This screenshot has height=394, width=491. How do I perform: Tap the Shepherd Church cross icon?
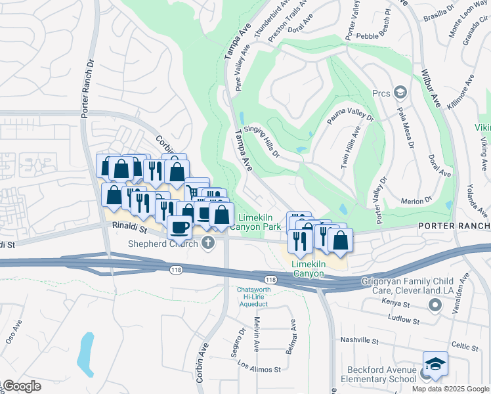point(208,244)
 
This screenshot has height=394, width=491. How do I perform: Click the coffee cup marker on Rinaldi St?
point(179,228)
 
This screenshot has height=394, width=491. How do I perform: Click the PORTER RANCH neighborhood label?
point(454,227)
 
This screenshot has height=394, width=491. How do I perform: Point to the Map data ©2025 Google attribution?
point(450,389)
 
